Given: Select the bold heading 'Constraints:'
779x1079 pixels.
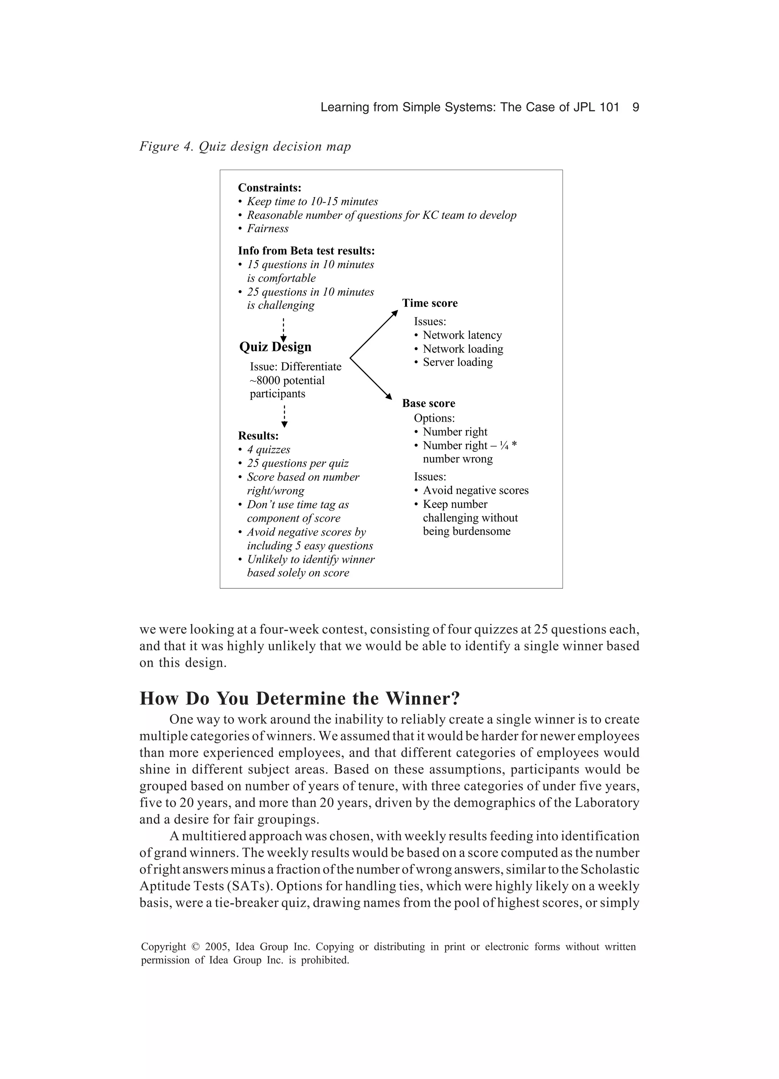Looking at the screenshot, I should click(x=269, y=188).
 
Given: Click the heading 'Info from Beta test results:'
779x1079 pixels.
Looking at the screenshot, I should click(x=306, y=251).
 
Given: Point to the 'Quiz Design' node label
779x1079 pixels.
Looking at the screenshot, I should click(x=275, y=347).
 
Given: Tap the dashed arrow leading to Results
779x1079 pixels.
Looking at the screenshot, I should click(x=284, y=416).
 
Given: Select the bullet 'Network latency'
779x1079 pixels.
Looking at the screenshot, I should click(x=462, y=335).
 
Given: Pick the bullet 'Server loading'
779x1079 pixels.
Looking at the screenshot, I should click(x=457, y=362).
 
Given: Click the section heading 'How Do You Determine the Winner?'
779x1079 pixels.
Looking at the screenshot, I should click(x=300, y=698).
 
